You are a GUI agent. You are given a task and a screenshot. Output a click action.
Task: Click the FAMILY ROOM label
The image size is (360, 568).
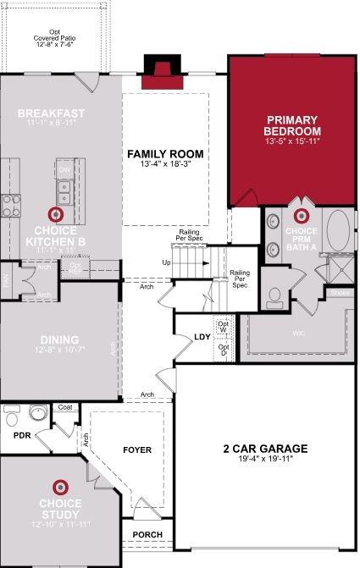(x=166, y=153)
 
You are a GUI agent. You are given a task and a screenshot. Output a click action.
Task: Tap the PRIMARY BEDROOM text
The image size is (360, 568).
(x=292, y=126)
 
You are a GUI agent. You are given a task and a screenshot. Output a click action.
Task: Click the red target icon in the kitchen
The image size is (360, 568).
(x=58, y=214)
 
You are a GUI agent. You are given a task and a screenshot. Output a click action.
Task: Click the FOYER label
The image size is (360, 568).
(x=136, y=450)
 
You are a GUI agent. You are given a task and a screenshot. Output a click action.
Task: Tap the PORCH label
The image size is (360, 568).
(x=147, y=535)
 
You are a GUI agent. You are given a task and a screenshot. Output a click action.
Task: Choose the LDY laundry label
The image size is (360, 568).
(x=202, y=337)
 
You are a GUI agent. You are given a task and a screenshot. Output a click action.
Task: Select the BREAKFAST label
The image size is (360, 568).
(x=51, y=113)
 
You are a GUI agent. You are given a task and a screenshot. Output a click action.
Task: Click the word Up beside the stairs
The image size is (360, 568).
(x=166, y=263)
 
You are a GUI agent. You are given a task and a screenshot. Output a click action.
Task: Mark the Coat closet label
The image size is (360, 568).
(x=65, y=407)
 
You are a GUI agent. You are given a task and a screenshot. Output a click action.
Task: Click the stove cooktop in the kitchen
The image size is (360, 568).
(x=10, y=204)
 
